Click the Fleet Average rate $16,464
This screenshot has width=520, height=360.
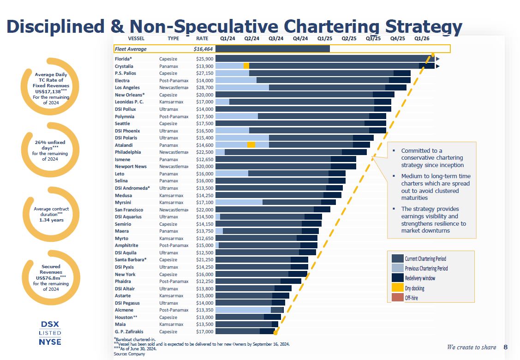[203, 49]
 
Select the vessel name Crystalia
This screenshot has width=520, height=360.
[124, 66]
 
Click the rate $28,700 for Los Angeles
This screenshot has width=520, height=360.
[204, 88]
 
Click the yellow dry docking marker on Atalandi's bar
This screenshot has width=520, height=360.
[251, 145]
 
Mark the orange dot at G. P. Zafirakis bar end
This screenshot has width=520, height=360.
[275, 332]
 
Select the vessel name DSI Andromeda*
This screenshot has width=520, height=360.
[132, 188]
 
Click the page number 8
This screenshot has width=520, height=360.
[505, 347]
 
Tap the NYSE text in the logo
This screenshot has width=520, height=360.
[50, 342]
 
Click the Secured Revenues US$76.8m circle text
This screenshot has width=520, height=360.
[51, 278]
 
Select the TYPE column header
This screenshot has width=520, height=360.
[173, 38]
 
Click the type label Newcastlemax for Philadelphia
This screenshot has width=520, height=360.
[174, 152]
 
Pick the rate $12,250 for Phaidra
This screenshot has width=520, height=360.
[204, 281]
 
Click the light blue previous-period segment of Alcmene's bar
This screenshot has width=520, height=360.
[243, 310]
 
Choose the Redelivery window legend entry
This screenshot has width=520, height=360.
[420, 278]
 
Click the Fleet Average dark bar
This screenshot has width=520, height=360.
[273, 49]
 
